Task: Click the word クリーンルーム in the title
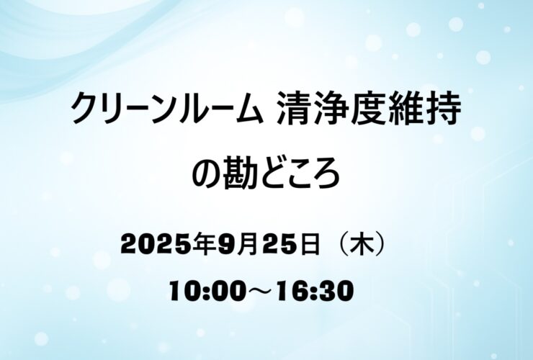[x=167, y=109]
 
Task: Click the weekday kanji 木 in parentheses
[x=363, y=244]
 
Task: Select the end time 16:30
[x=315, y=291]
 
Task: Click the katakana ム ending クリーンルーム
[x=248, y=109]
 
